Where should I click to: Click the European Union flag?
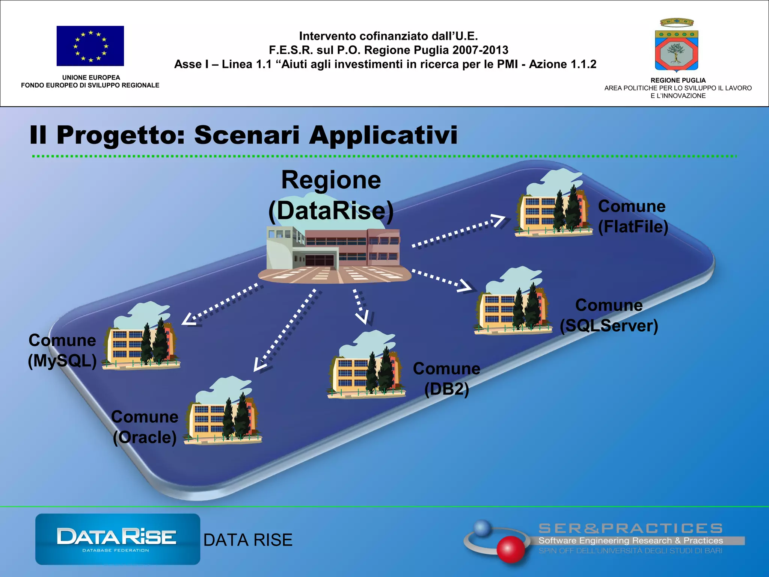[90, 46]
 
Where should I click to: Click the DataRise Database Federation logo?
[118, 539]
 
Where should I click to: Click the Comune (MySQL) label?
[62, 350]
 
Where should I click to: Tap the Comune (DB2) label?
[446, 379]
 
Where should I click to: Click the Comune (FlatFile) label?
[633, 216]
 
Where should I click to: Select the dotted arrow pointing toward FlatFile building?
[458, 231]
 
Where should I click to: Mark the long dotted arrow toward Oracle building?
[287, 329]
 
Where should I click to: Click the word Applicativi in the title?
[383, 135]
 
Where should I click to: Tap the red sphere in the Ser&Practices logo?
[510, 549]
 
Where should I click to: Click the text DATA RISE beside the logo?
[248, 540]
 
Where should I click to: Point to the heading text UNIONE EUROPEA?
[91, 77]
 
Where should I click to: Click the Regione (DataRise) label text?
[331, 195]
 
